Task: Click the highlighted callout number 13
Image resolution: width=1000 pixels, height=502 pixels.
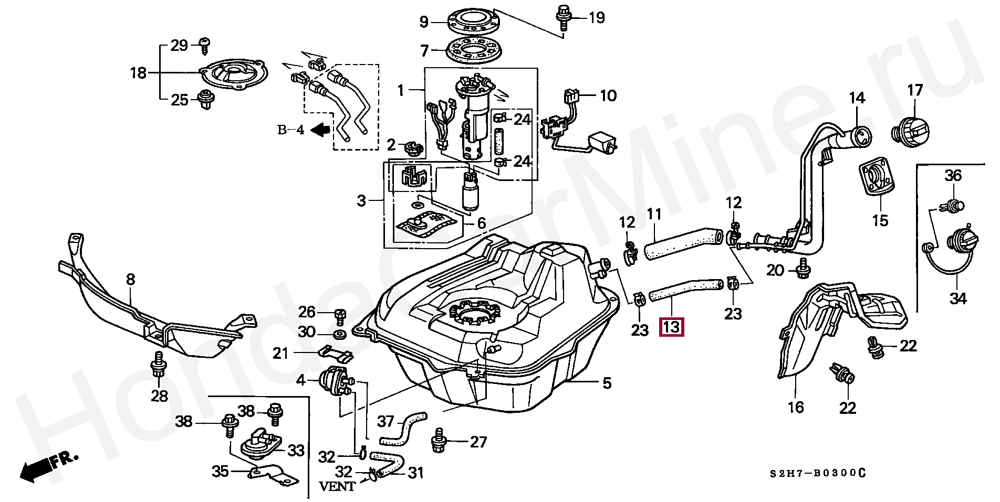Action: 672,327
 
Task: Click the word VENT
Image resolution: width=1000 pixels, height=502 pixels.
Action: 337,486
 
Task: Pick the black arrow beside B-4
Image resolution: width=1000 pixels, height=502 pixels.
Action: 320,129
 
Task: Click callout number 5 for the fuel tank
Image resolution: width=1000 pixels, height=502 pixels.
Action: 607,383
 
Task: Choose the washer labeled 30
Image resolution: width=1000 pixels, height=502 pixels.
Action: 339,334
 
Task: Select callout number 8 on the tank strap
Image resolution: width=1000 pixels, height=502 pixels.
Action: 130,279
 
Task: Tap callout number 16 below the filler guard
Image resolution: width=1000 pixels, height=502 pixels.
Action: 795,407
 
